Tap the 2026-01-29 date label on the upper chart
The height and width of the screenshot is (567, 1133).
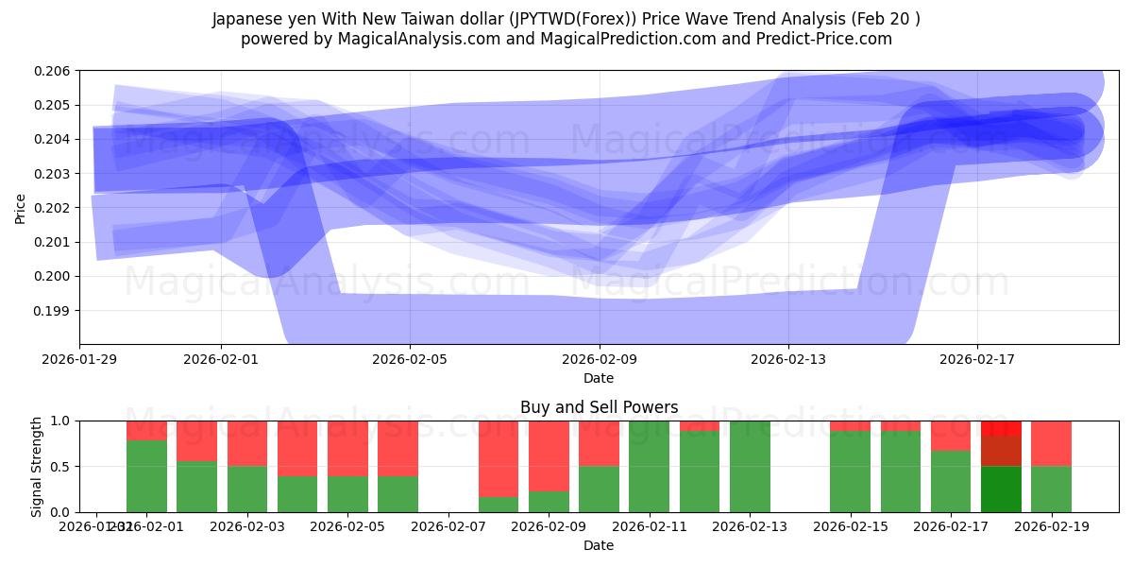79,359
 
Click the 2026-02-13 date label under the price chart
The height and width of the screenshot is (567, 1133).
788,359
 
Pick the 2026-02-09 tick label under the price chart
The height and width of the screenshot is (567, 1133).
600,359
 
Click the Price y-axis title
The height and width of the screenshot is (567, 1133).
21,208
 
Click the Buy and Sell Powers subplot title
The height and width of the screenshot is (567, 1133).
599,408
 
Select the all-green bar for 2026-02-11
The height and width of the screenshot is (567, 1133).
649,466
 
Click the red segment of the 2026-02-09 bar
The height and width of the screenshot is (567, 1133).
549,455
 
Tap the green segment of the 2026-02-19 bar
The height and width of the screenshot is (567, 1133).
1051,489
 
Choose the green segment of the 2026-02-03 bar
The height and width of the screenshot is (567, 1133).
247,489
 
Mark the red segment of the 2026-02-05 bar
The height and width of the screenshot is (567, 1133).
347,448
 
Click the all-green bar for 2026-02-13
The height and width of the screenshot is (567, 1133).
750,466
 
